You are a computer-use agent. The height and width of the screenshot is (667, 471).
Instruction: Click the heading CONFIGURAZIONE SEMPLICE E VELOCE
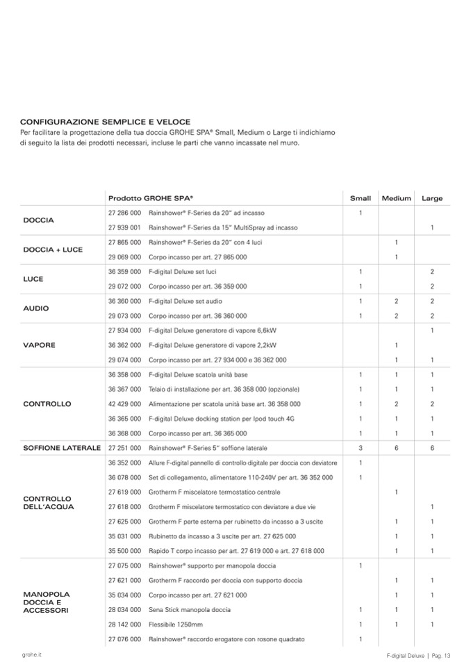[105, 121]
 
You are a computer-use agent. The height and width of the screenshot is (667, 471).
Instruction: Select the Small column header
[360, 198]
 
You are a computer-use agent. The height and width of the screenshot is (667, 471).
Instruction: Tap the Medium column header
[396, 198]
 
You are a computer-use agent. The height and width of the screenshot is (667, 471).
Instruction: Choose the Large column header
[431, 198]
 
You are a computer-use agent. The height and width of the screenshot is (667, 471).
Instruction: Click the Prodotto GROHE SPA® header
[151, 198]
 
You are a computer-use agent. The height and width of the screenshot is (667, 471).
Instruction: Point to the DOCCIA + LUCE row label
[53, 249]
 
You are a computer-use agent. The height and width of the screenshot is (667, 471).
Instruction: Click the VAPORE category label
[39, 345]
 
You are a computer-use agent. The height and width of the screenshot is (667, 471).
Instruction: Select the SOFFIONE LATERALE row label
[62, 448]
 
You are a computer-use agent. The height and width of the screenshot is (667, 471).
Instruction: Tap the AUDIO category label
[36, 308]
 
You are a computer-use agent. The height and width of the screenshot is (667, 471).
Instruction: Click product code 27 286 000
[125, 212]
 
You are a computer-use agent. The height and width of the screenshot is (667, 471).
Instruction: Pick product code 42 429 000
[125, 403]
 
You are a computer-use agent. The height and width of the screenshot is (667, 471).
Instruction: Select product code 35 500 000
[125, 551]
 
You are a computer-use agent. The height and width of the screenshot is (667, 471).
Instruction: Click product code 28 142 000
[125, 625]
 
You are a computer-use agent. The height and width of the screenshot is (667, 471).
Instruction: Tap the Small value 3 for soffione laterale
[360, 448]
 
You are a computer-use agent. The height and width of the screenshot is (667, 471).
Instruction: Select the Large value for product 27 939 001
[431, 227]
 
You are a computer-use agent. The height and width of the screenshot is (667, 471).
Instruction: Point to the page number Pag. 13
[443, 655]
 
